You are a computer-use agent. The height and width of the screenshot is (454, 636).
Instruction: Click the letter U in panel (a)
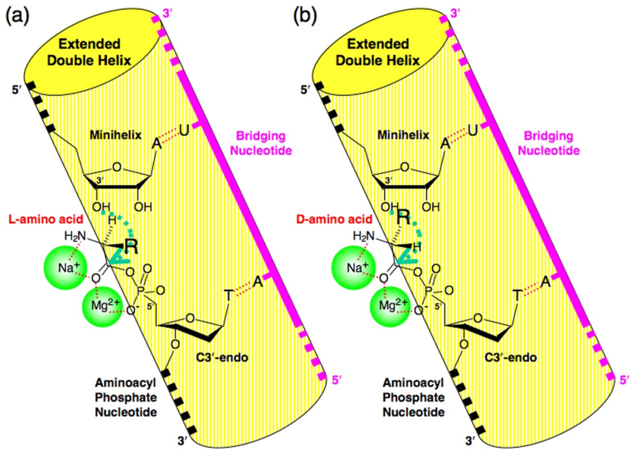(x=184, y=130)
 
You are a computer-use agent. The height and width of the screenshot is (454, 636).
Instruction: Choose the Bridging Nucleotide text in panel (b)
(x=549, y=143)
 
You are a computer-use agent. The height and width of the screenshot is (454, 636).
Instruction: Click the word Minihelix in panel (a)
(x=115, y=135)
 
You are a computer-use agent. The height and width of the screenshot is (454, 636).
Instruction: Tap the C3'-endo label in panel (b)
(x=510, y=358)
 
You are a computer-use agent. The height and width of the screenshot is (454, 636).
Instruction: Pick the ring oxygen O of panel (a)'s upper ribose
(x=117, y=167)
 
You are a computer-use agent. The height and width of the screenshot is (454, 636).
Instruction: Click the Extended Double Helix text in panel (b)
(x=378, y=52)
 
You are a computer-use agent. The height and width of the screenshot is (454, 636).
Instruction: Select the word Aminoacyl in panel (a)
(x=125, y=383)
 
